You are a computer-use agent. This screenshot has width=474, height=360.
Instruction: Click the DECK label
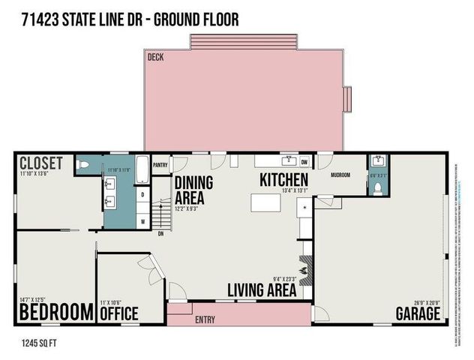(x=155, y=57)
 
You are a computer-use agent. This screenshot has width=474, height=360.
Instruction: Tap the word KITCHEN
(x=284, y=180)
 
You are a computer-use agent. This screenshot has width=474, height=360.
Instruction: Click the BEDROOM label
(x=55, y=311)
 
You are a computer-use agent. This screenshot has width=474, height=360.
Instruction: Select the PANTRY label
(x=160, y=164)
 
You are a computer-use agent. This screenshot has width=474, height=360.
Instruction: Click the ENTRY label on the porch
(x=205, y=320)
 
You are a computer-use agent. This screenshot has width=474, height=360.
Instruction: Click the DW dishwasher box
(x=304, y=161)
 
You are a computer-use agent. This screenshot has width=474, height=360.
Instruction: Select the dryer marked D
(x=142, y=194)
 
